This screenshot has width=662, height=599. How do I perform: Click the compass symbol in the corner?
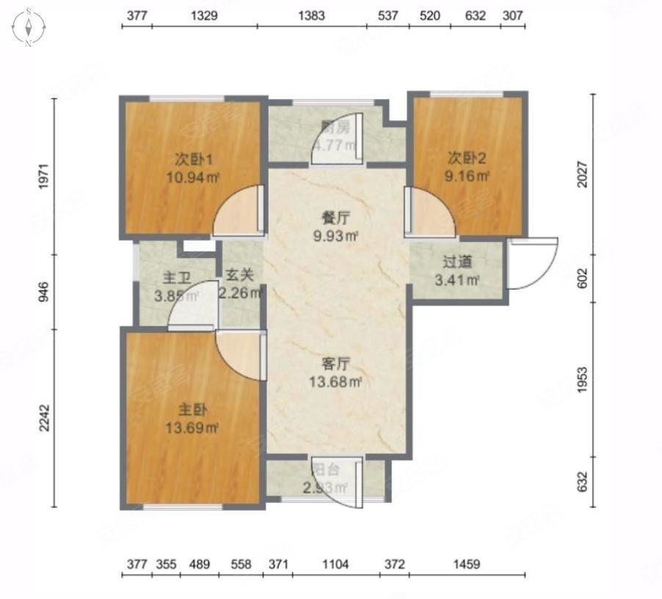click(29, 28)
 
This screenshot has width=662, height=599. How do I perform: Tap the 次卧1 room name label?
click(192, 158)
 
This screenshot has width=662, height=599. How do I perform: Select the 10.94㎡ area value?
click(192, 177)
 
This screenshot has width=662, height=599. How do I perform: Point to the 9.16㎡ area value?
click(467, 175)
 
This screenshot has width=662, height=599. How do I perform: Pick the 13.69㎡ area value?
click(192, 427)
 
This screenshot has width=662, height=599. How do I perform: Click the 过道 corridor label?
click(457, 262)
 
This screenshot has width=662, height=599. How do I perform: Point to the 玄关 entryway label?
click(239, 275)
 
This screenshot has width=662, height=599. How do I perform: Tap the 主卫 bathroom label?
click(176, 279)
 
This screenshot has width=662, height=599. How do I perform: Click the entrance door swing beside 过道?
click(532, 264)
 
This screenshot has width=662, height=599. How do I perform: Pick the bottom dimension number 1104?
click(335, 565)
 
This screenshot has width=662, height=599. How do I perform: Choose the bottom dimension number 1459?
click(466, 565)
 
